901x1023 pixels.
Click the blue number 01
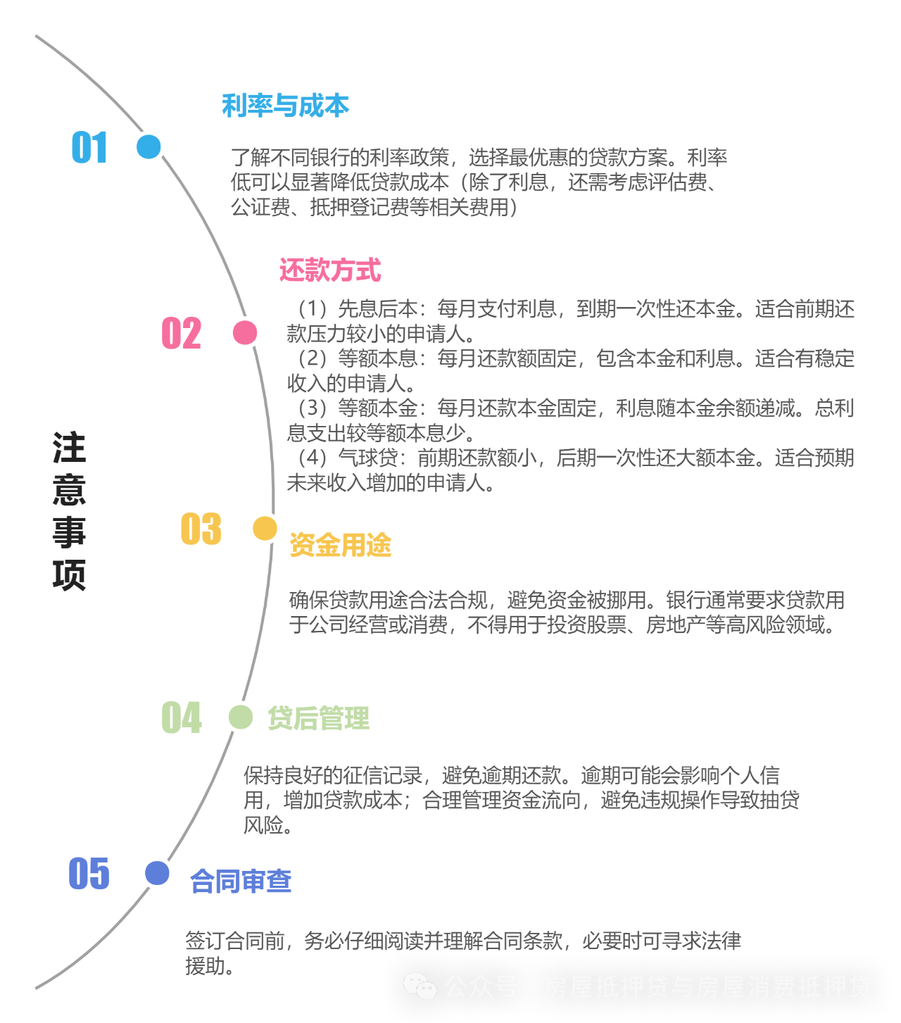click(89, 148)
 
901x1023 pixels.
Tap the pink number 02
click(181, 333)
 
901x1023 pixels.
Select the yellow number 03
click(201, 529)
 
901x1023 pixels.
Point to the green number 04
click(181, 718)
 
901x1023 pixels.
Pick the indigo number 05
click(89, 874)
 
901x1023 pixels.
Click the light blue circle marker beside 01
click(149, 147)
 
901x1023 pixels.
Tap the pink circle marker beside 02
click(245, 332)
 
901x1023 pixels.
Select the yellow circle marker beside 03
click(265, 528)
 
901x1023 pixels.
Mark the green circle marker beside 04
click(241, 717)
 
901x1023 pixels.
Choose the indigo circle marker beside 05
click(157, 873)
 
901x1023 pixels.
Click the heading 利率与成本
click(285, 106)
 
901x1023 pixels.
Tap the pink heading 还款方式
click(330, 270)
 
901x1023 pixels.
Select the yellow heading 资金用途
click(340, 545)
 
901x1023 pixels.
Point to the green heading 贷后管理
click(318, 718)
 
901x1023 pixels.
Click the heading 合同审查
click(241, 881)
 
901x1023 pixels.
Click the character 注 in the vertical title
click(69, 448)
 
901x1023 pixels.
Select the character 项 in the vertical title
click(69, 575)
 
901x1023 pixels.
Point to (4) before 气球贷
click(312, 458)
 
